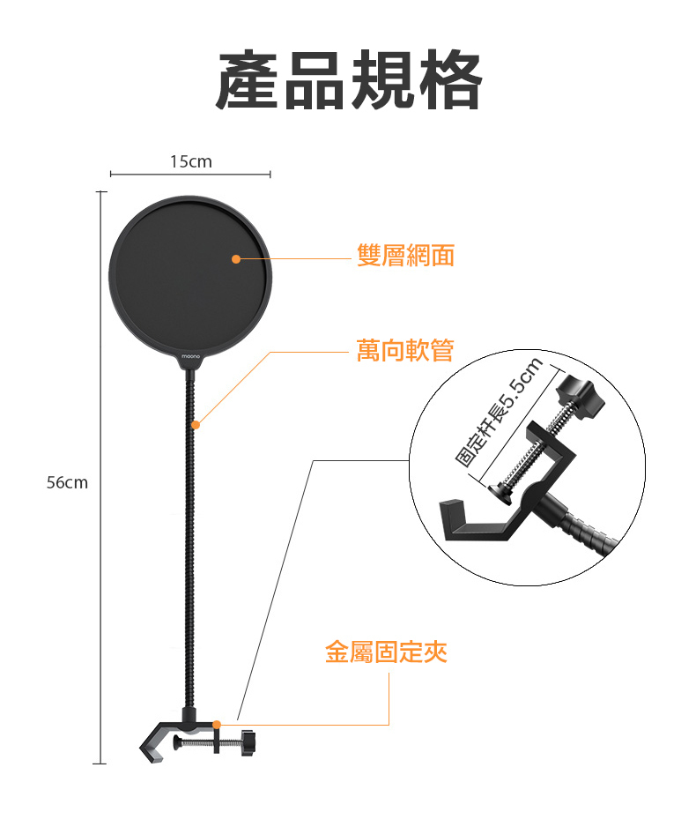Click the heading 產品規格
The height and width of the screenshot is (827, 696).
(x=349, y=81)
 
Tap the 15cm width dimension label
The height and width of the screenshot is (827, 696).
(x=190, y=161)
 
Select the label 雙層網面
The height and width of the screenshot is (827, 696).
(x=406, y=257)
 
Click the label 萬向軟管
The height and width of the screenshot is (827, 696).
(x=405, y=351)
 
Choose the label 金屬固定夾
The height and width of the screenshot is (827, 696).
(x=386, y=652)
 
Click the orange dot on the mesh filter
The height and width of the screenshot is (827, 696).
(x=236, y=258)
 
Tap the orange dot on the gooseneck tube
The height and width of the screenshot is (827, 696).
(x=196, y=425)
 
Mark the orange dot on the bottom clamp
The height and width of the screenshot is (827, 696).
(x=218, y=724)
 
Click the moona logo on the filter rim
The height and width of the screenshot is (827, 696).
(x=192, y=356)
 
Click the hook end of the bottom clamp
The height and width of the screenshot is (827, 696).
(x=147, y=751)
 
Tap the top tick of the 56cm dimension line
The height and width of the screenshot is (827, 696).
(x=100, y=191)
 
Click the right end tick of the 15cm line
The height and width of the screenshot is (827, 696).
(x=269, y=175)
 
